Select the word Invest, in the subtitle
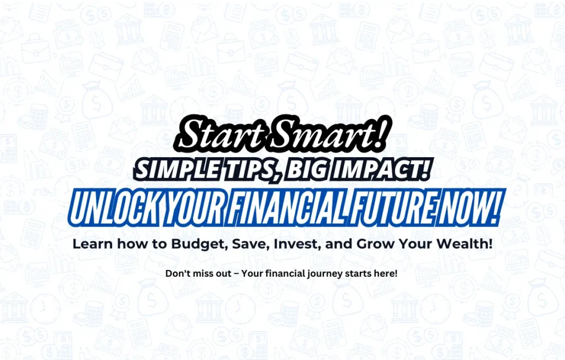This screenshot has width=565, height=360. coord(297,244)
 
